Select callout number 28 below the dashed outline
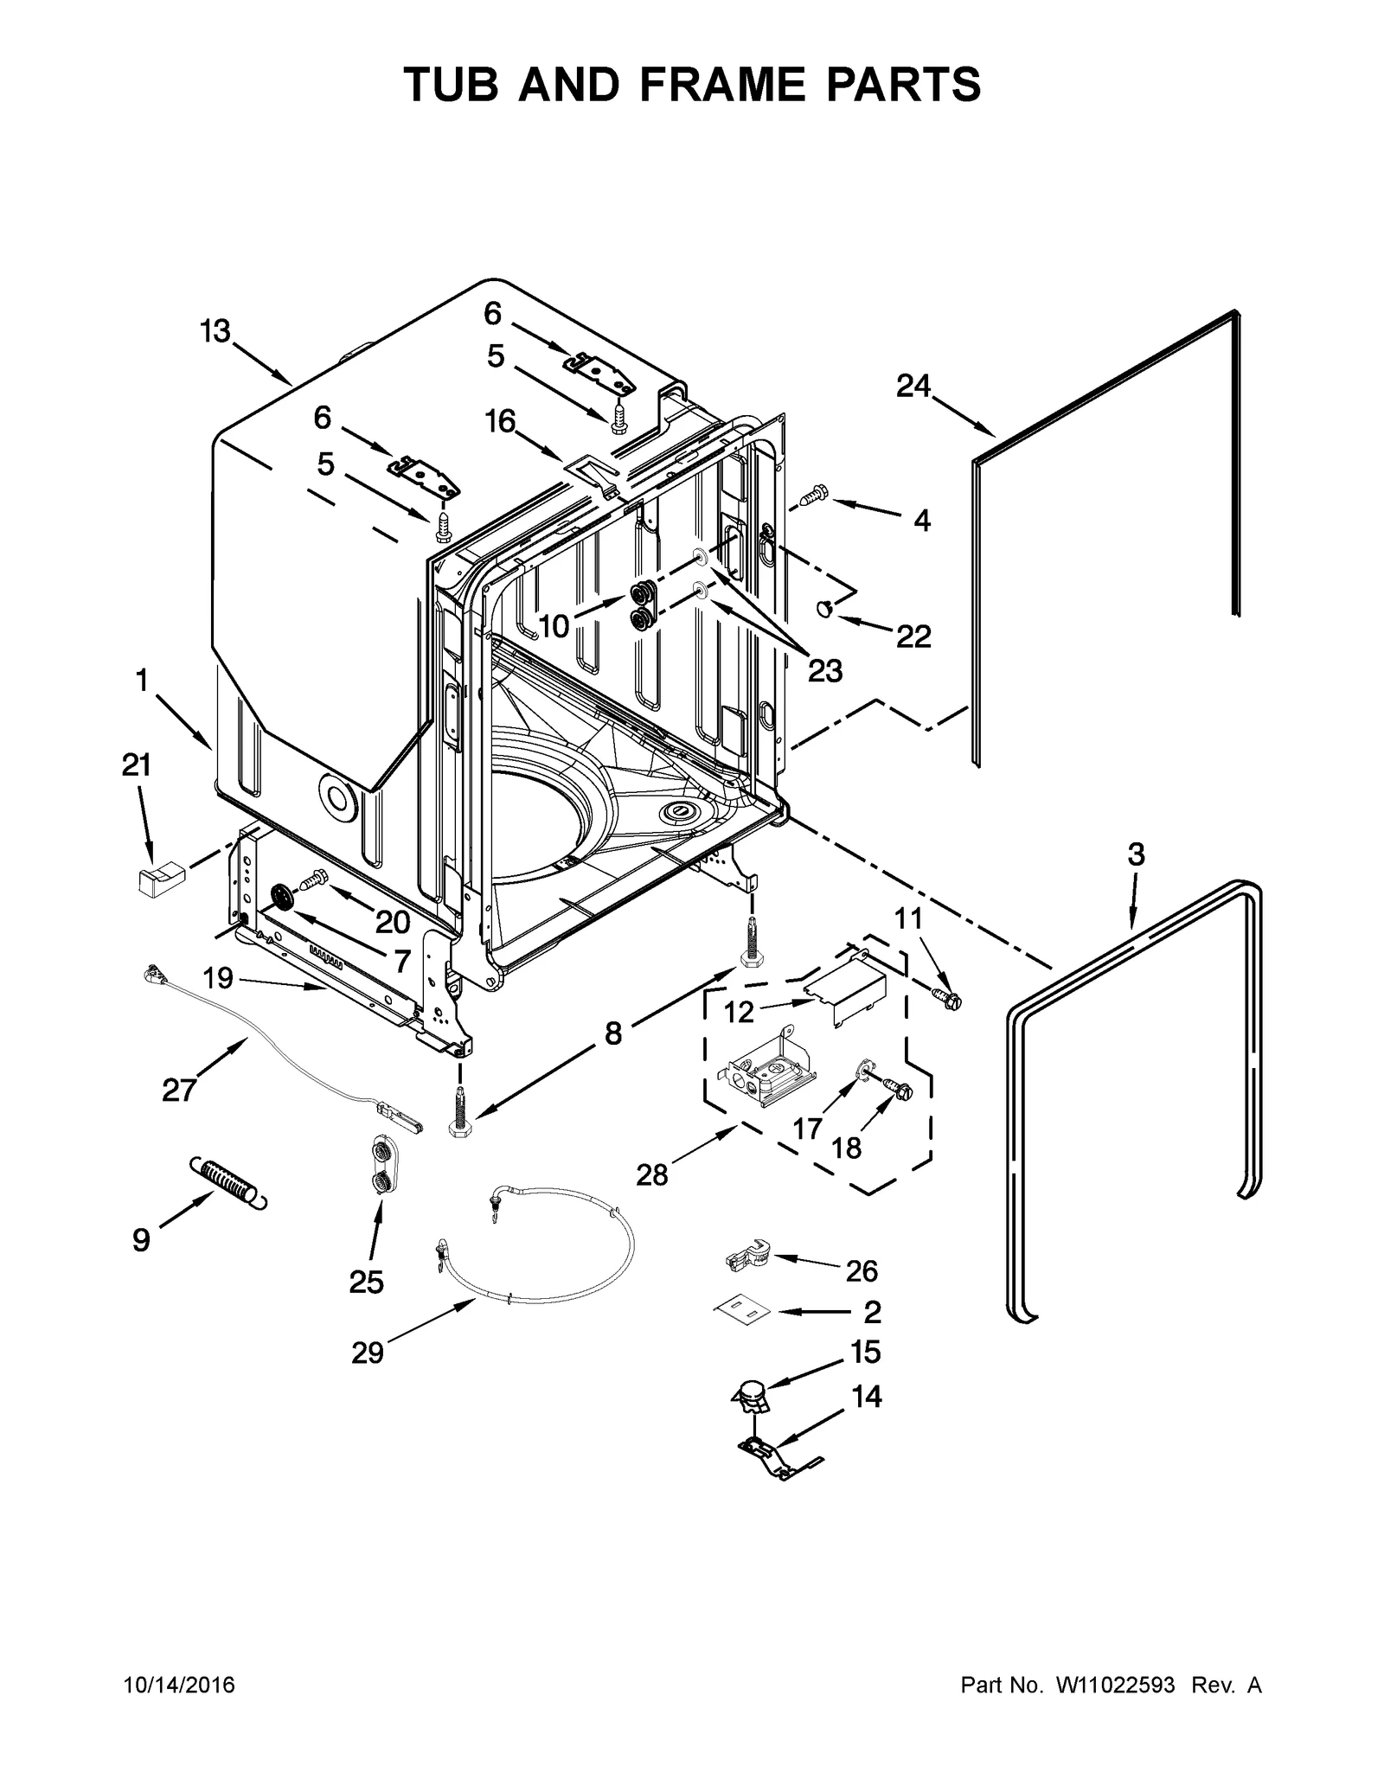click(x=652, y=1174)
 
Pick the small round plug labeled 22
click(x=823, y=611)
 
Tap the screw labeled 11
click(x=948, y=1000)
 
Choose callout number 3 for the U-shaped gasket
click(x=1136, y=854)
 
